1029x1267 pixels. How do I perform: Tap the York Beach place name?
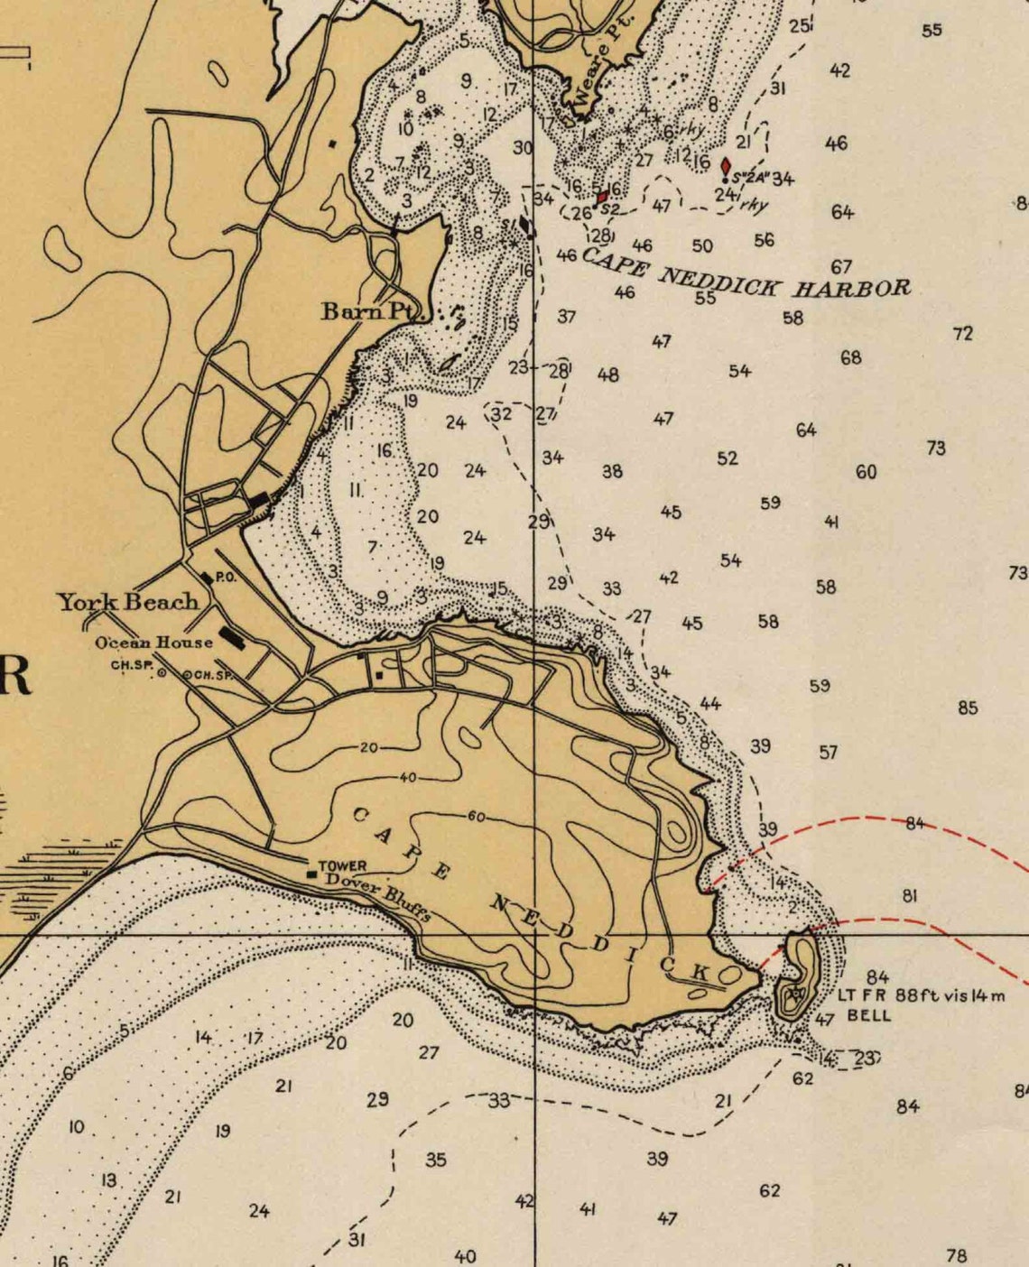(x=128, y=602)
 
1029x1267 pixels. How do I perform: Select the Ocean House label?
(x=153, y=643)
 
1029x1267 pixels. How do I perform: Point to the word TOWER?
(x=342, y=865)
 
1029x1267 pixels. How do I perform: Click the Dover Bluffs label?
(x=378, y=895)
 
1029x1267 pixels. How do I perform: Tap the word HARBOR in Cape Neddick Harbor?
(x=852, y=288)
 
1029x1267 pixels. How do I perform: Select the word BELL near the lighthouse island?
(x=868, y=1015)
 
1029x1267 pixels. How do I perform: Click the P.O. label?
(x=225, y=578)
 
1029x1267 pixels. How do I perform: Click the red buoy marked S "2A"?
(x=726, y=167)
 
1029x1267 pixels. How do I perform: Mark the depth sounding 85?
(x=968, y=707)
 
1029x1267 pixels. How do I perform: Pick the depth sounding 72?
(x=963, y=333)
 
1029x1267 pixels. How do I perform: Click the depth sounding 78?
(x=956, y=1254)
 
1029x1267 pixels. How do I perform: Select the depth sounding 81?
(x=910, y=896)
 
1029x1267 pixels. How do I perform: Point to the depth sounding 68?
(x=850, y=357)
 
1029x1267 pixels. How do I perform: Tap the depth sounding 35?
(x=435, y=1160)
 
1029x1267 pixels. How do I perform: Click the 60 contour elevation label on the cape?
(x=476, y=817)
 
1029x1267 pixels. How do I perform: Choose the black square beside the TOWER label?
(x=311, y=874)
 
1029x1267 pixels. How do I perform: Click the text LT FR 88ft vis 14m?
(x=921, y=995)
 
